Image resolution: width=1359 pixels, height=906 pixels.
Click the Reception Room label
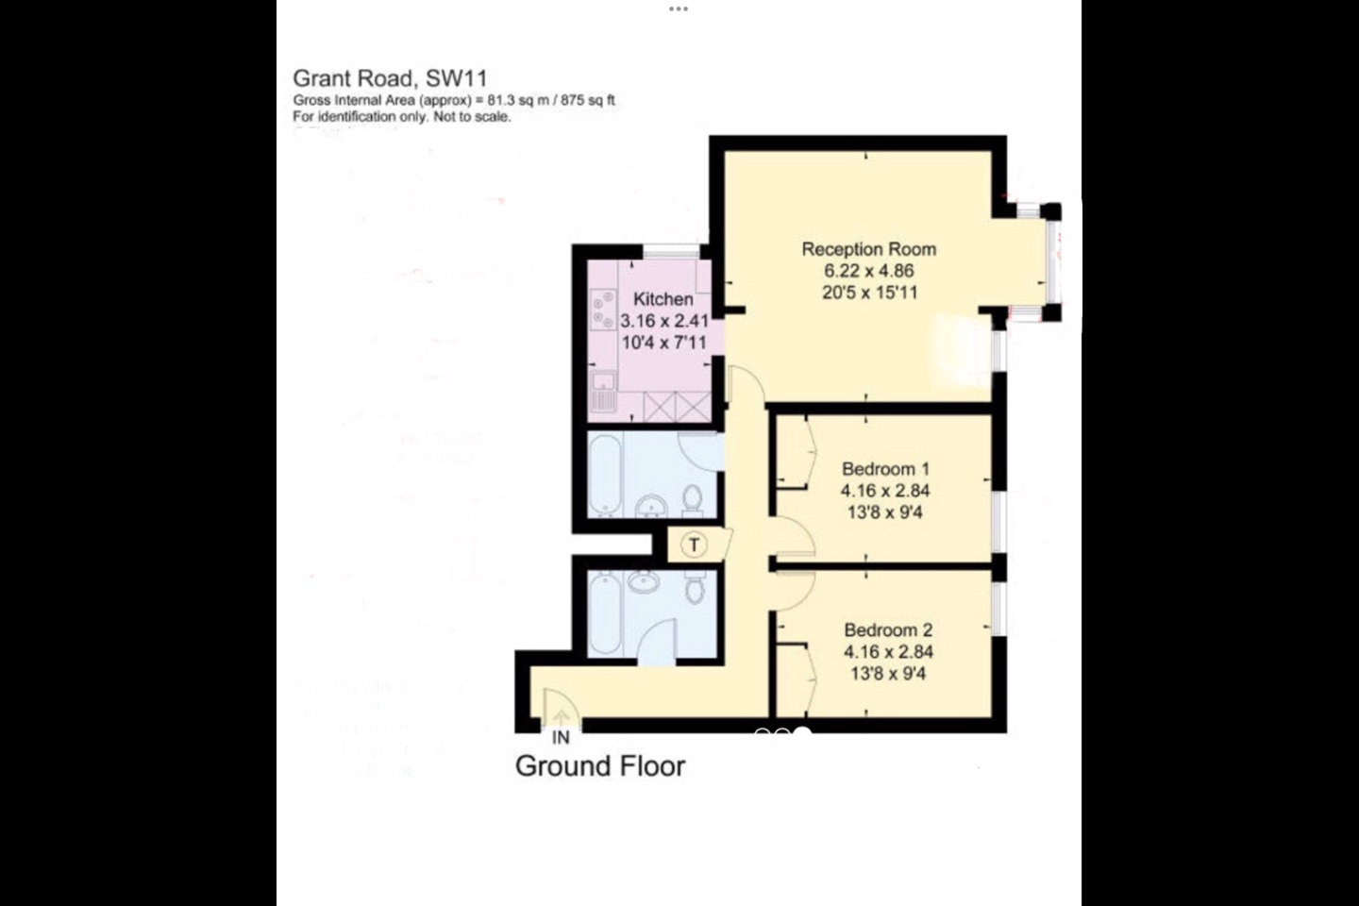point(868,249)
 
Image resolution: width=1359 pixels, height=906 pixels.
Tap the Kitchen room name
point(663,299)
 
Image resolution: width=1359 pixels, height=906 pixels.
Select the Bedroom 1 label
point(885,469)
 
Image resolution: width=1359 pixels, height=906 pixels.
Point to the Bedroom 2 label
point(888,630)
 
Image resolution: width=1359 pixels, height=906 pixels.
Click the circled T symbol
point(695,545)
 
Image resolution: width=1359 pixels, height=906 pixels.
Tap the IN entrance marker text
point(561,737)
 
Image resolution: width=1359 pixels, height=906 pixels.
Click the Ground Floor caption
point(600,766)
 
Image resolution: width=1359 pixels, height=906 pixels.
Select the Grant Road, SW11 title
point(390,78)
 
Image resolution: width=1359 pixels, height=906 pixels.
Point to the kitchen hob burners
point(601,310)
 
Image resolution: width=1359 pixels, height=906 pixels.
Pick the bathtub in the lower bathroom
point(604,614)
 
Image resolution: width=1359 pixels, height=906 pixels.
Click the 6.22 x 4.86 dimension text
point(868,271)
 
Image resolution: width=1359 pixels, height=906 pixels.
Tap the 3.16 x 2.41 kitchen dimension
point(663,321)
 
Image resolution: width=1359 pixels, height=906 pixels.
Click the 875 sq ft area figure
point(588,100)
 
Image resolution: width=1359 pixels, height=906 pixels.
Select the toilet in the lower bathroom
point(696,590)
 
